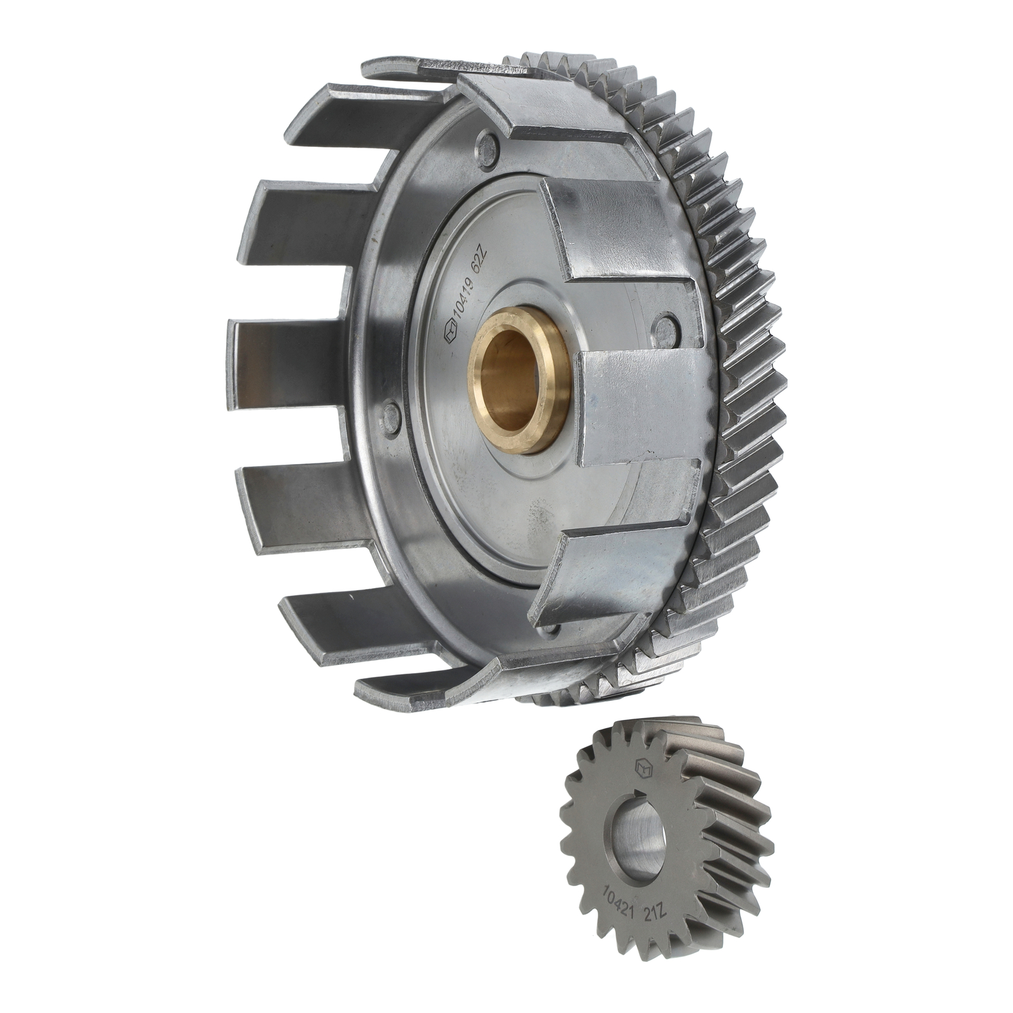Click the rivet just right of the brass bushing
click(666, 327)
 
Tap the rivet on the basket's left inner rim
click(393, 415)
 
